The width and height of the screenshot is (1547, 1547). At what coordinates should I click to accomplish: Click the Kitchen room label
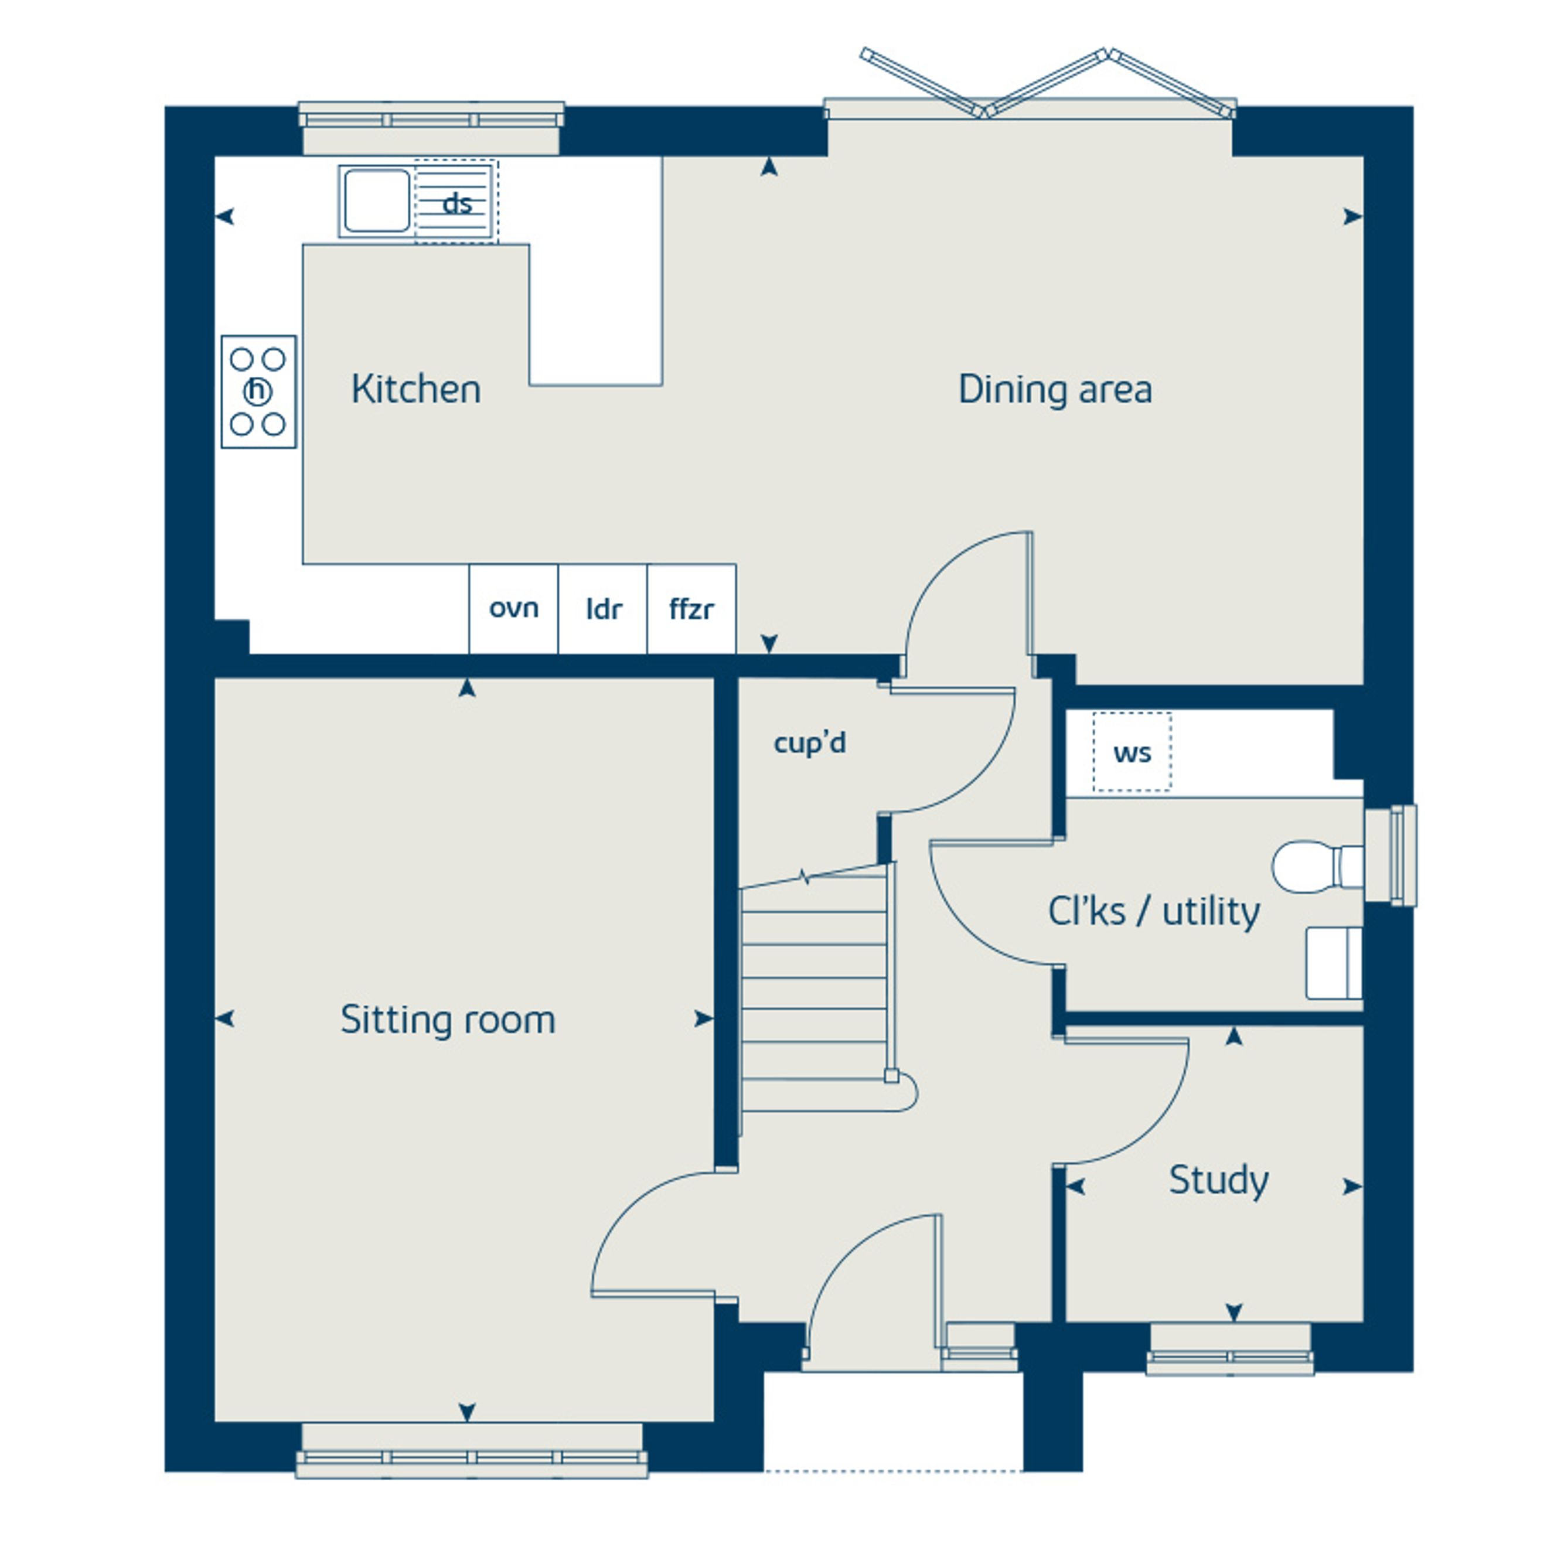(x=415, y=389)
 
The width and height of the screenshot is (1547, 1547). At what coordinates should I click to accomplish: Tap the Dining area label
(x=1055, y=389)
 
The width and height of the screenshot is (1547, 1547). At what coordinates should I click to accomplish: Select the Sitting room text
(x=448, y=1020)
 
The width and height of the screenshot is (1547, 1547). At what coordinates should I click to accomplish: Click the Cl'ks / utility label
(x=1153, y=911)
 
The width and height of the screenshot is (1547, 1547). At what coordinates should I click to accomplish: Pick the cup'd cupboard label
(x=809, y=743)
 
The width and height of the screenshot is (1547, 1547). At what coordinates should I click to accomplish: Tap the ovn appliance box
(x=513, y=609)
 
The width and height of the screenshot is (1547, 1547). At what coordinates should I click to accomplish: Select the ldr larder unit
(x=603, y=609)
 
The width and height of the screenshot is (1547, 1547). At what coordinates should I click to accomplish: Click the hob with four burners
(x=258, y=391)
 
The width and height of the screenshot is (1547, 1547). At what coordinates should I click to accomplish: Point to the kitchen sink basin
(x=376, y=201)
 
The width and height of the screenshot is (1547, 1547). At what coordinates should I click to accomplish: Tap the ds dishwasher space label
(x=457, y=203)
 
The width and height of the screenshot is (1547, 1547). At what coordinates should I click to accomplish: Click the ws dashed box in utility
(x=1132, y=752)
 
